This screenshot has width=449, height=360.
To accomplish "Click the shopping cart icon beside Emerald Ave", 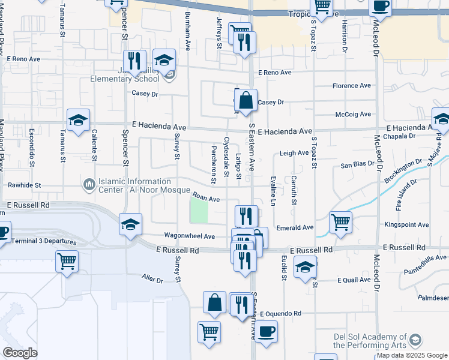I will coord(340,222).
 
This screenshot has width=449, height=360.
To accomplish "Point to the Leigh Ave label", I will coord(294,154).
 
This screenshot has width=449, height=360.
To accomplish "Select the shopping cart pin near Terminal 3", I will coord(67,261).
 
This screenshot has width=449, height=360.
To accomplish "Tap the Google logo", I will coord(20,353).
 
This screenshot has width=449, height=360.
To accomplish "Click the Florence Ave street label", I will coord(352,86).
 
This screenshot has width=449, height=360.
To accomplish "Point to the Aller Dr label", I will coord(152,279).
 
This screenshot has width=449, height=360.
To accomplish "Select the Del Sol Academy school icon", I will coord(414,341).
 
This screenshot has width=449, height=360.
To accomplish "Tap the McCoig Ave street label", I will coord(354,114).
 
